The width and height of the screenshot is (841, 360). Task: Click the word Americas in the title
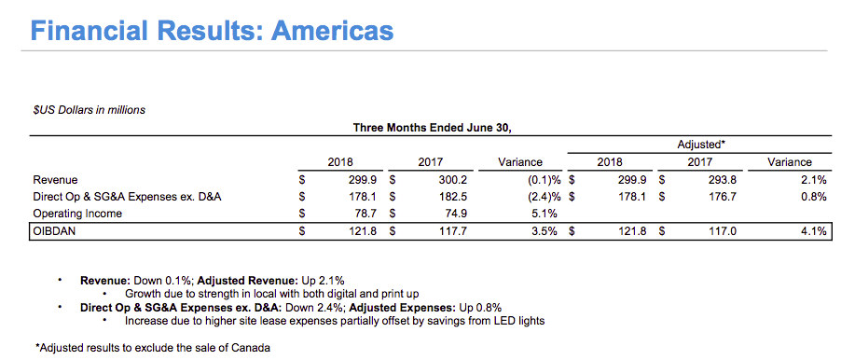coord(333,31)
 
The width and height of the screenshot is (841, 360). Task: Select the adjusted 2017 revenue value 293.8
coord(724,180)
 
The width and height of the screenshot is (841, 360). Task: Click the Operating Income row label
coord(77,215)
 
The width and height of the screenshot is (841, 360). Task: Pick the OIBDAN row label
coord(52,231)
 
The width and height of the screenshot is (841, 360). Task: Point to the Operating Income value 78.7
coord(365,215)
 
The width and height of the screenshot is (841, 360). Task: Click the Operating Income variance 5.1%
coord(545,215)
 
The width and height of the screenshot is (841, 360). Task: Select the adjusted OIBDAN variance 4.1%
coord(814,231)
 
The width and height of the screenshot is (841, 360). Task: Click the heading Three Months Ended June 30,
coord(433,128)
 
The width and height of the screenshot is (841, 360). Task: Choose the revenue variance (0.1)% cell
coord(540,180)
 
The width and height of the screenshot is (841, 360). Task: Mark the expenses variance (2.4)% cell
coord(540,197)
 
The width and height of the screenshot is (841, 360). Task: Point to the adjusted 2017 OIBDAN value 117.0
coord(724,231)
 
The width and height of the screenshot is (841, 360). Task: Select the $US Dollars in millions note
coord(89,110)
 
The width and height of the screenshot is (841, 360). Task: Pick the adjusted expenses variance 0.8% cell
coord(814,197)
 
